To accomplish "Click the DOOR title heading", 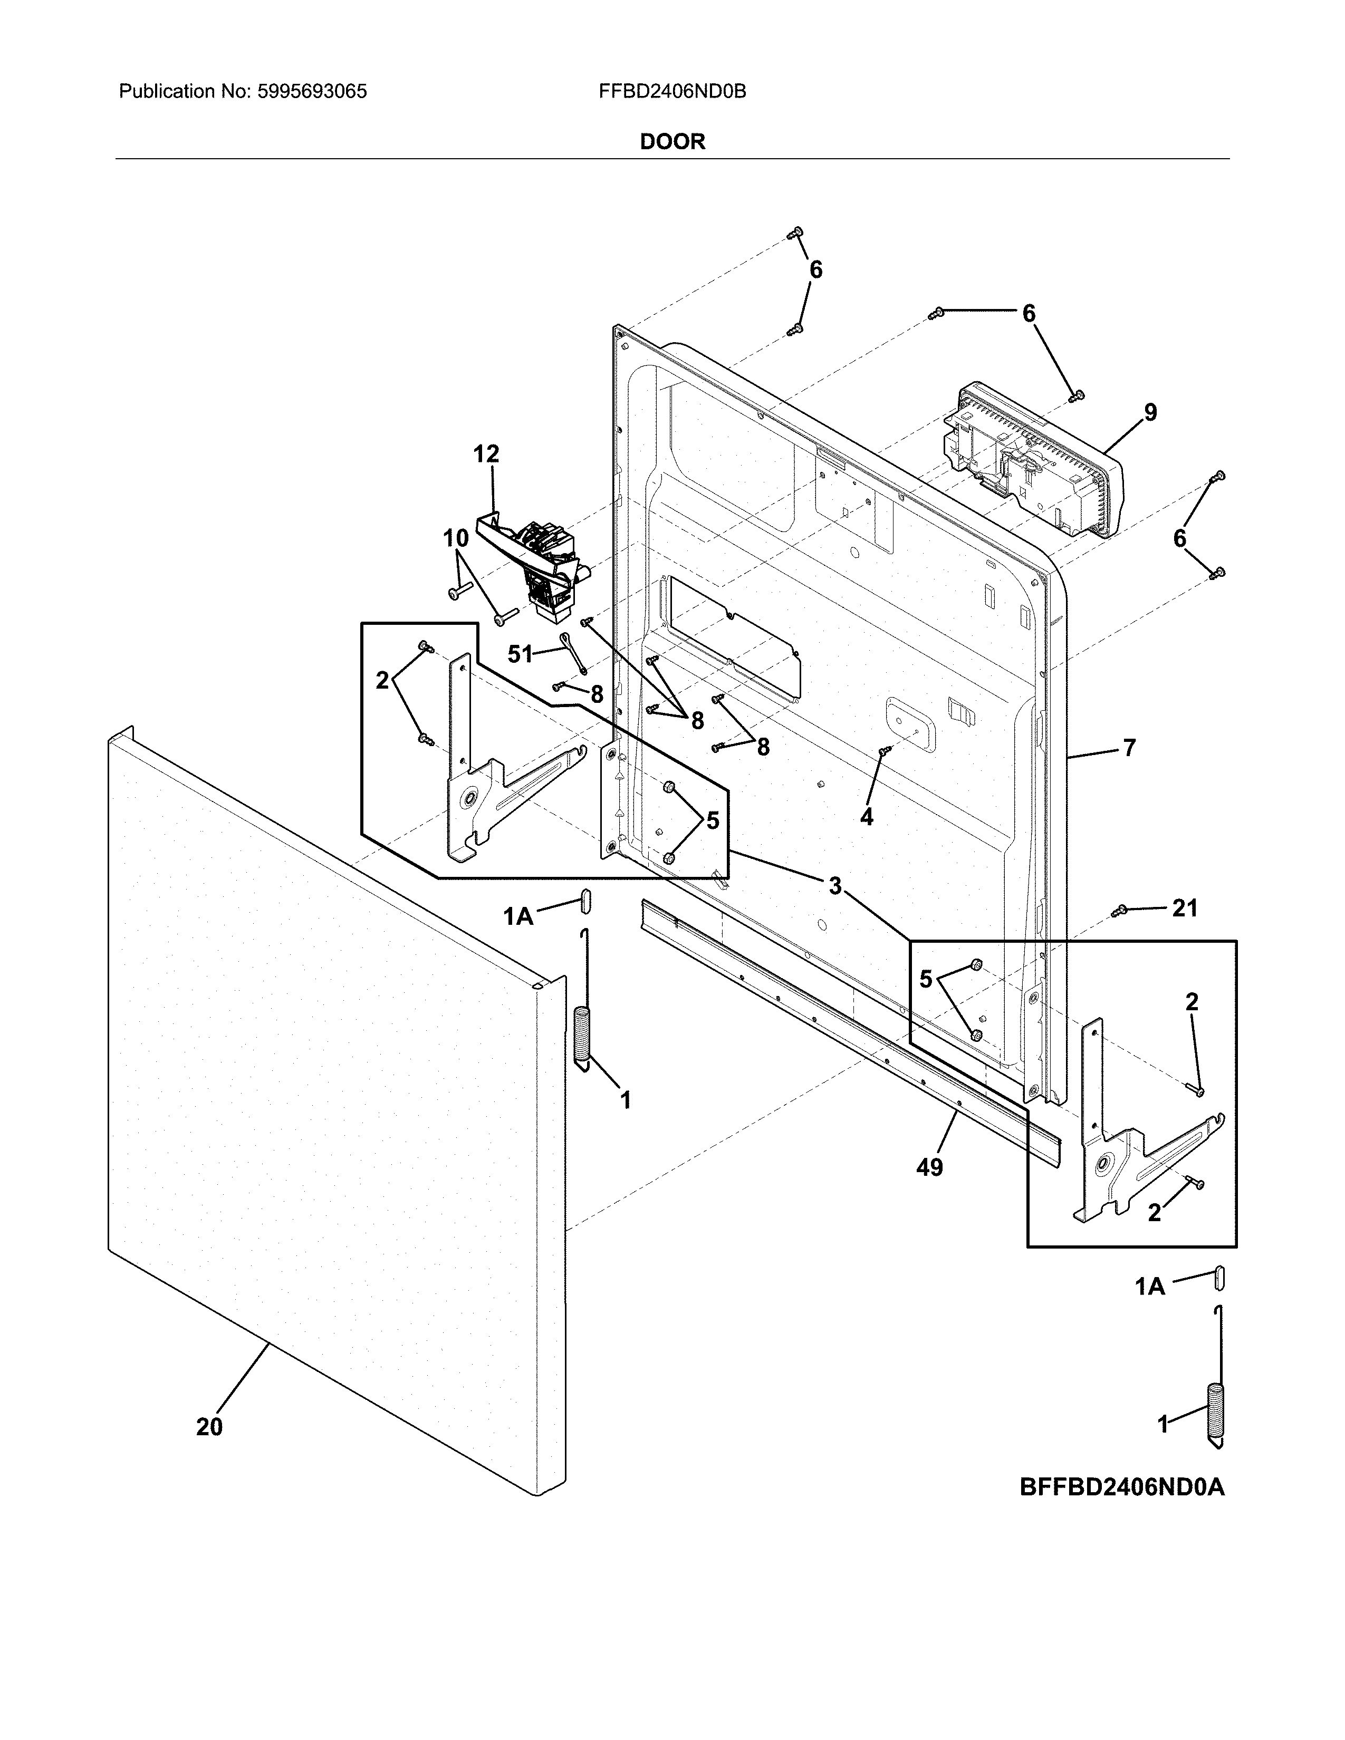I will tap(672, 142).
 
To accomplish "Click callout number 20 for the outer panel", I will tap(209, 1426).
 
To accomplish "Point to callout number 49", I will tap(929, 1167).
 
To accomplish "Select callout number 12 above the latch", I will tap(486, 454).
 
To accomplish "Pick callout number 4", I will tap(866, 817).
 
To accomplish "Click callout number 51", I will tap(520, 654).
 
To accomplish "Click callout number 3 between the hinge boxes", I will tap(834, 885).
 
